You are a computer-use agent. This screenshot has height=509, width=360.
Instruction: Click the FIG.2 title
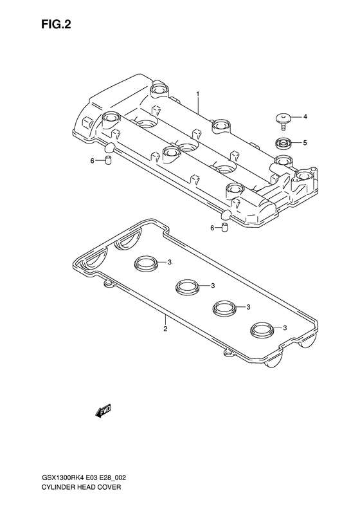(56, 24)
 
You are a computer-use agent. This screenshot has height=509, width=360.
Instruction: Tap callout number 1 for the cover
(197, 94)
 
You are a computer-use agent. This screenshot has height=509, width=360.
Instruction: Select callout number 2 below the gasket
(165, 329)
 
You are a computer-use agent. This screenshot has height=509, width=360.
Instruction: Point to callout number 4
(305, 116)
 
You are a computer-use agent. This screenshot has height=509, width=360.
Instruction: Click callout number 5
(305, 142)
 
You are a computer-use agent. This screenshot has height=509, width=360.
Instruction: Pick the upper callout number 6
(92, 160)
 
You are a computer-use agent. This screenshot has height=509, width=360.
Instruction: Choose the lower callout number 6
(212, 228)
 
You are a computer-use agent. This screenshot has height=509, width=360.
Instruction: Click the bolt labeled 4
(283, 121)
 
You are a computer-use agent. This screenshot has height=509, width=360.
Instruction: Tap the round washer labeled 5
(283, 143)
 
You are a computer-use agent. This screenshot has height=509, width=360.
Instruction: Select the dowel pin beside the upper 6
(109, 160)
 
